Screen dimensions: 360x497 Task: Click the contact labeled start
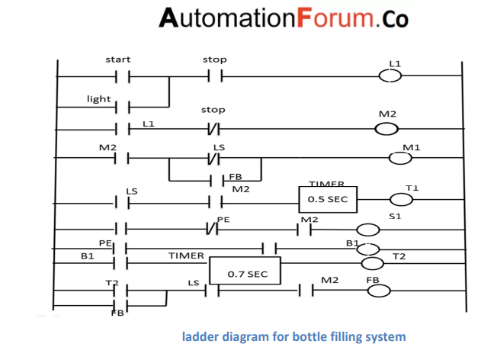pyautogui.click(x=122, y=76)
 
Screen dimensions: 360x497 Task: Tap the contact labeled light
pyautogui.click(x=122, y=108)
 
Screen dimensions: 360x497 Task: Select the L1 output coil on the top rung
pyautogui.click(x=390, y=76)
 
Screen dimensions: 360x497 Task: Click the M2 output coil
pyautogui.click(x=386, y=127)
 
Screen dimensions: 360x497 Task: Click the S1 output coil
pyautogui.click(x=368, y=230)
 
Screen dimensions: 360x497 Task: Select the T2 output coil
pyautogui.click(x=372, y=264)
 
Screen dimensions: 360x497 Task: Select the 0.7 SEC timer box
pyautogui.click(x=245, y=271)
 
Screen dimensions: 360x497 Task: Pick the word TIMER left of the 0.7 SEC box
pyautogui.click(x=185, y=256)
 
